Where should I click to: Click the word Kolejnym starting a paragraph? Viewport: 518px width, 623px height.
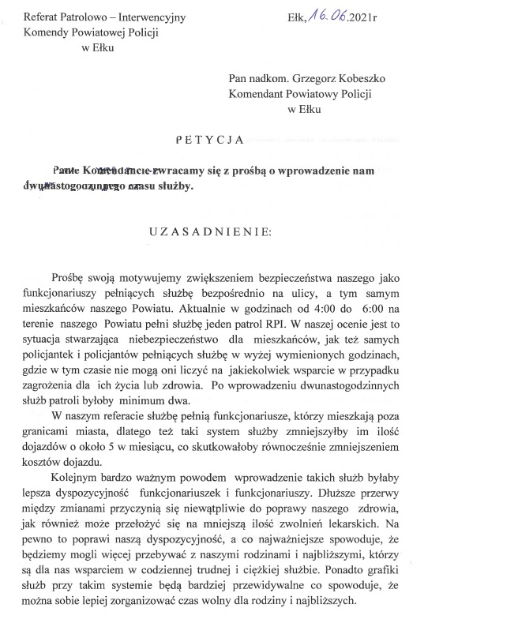(x=76, y=478)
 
